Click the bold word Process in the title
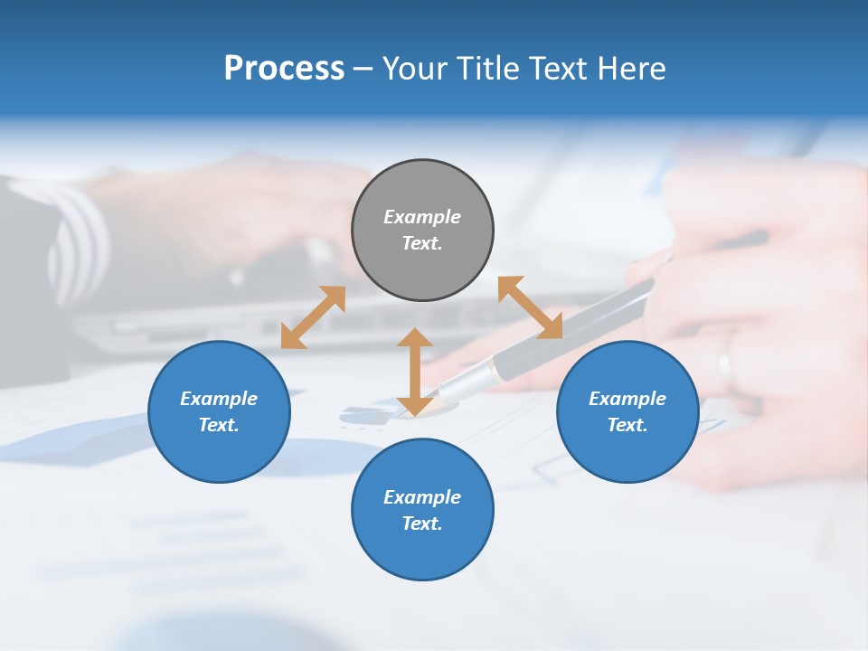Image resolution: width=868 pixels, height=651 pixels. coord(284,69)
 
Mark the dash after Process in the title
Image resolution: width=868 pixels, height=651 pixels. coord(363,71)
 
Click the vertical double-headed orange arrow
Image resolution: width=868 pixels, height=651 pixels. coord(415,372)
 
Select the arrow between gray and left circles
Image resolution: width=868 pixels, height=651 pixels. coord(313,317)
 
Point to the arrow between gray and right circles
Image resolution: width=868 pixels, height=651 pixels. coord(530,307)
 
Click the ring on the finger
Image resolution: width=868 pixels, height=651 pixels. coord(724,366)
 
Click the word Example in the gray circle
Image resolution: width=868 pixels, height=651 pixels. coord(422,217)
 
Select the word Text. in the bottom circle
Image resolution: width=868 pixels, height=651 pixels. coord(422,524)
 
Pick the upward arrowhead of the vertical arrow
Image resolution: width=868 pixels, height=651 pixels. coord(415,338)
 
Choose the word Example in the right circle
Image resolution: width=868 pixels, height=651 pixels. coord(627,399)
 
